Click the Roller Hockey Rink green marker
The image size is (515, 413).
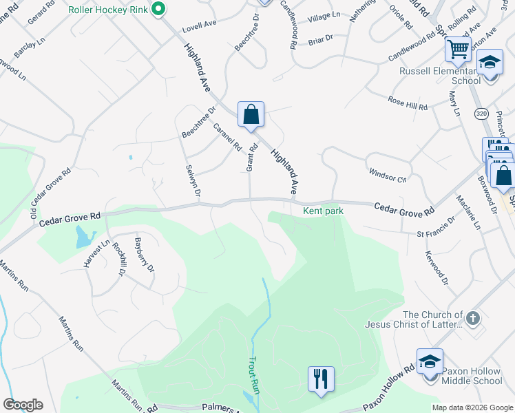(x=158, y=9)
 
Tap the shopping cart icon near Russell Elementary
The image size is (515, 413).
(x=458, y=50)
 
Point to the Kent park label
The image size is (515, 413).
(x=323, y=210)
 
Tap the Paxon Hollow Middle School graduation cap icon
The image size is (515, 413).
(x=430, y=361)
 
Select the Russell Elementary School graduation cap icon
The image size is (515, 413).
(x=490, y=63)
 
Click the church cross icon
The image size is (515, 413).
(x=472, y=318)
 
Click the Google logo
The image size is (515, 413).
(x=22, y=405)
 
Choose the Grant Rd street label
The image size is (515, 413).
(x=251, y=158)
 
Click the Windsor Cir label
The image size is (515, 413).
(x=388, y=175)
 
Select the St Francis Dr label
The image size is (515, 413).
(x=437, y=229)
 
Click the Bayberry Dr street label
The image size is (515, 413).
(x=144, y=255)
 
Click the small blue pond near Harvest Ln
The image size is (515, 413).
(x=82, y=237)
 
